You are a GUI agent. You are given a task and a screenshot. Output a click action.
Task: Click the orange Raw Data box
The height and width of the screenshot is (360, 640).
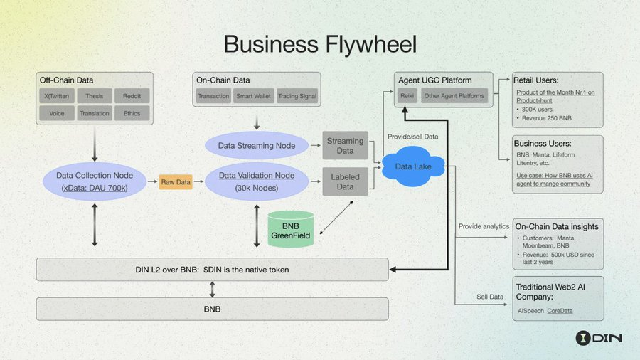point(176,182)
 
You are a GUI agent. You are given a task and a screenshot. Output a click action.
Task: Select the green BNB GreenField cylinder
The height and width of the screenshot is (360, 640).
point(290,229)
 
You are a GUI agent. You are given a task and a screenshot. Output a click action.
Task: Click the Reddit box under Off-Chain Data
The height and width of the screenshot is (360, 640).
point(131,96)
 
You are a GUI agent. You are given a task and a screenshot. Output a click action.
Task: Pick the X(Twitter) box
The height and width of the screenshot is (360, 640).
point(57,96)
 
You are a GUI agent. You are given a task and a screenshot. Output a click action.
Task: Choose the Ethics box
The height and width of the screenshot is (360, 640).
point(131,112)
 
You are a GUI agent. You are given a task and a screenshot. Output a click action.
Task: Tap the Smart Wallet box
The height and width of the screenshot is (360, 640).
point(252,96)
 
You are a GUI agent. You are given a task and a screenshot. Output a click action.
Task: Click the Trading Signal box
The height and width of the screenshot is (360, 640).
point(297,96)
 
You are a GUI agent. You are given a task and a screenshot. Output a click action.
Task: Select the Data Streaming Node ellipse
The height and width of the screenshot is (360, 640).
point(257,147)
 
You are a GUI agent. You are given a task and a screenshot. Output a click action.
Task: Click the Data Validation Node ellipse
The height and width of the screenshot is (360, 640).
point(256,181)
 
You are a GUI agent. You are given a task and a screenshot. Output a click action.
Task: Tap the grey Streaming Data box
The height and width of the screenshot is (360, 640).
point(345,146)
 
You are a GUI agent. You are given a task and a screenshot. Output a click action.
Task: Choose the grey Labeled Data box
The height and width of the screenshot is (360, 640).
point(345,182)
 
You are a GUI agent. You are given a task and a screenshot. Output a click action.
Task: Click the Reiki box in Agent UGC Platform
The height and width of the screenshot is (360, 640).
point(407,96)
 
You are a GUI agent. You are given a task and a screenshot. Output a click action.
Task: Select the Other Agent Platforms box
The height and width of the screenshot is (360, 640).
point(454,96)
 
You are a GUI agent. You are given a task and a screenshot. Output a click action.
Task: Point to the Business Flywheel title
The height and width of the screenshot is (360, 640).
point(320,43)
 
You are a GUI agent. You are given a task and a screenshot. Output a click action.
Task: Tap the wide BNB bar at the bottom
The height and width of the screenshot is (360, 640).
point(213,309)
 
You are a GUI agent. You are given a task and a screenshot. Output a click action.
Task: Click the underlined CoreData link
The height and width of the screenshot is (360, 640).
point(560,311)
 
